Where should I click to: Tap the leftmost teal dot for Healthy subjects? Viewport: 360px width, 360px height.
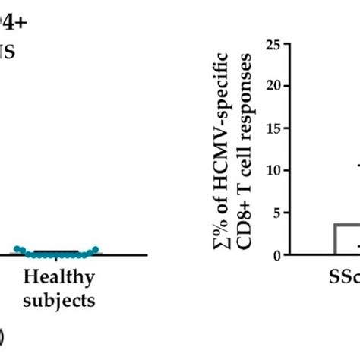[17, 248]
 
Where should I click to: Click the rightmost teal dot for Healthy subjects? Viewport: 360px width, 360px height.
[96, 248]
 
